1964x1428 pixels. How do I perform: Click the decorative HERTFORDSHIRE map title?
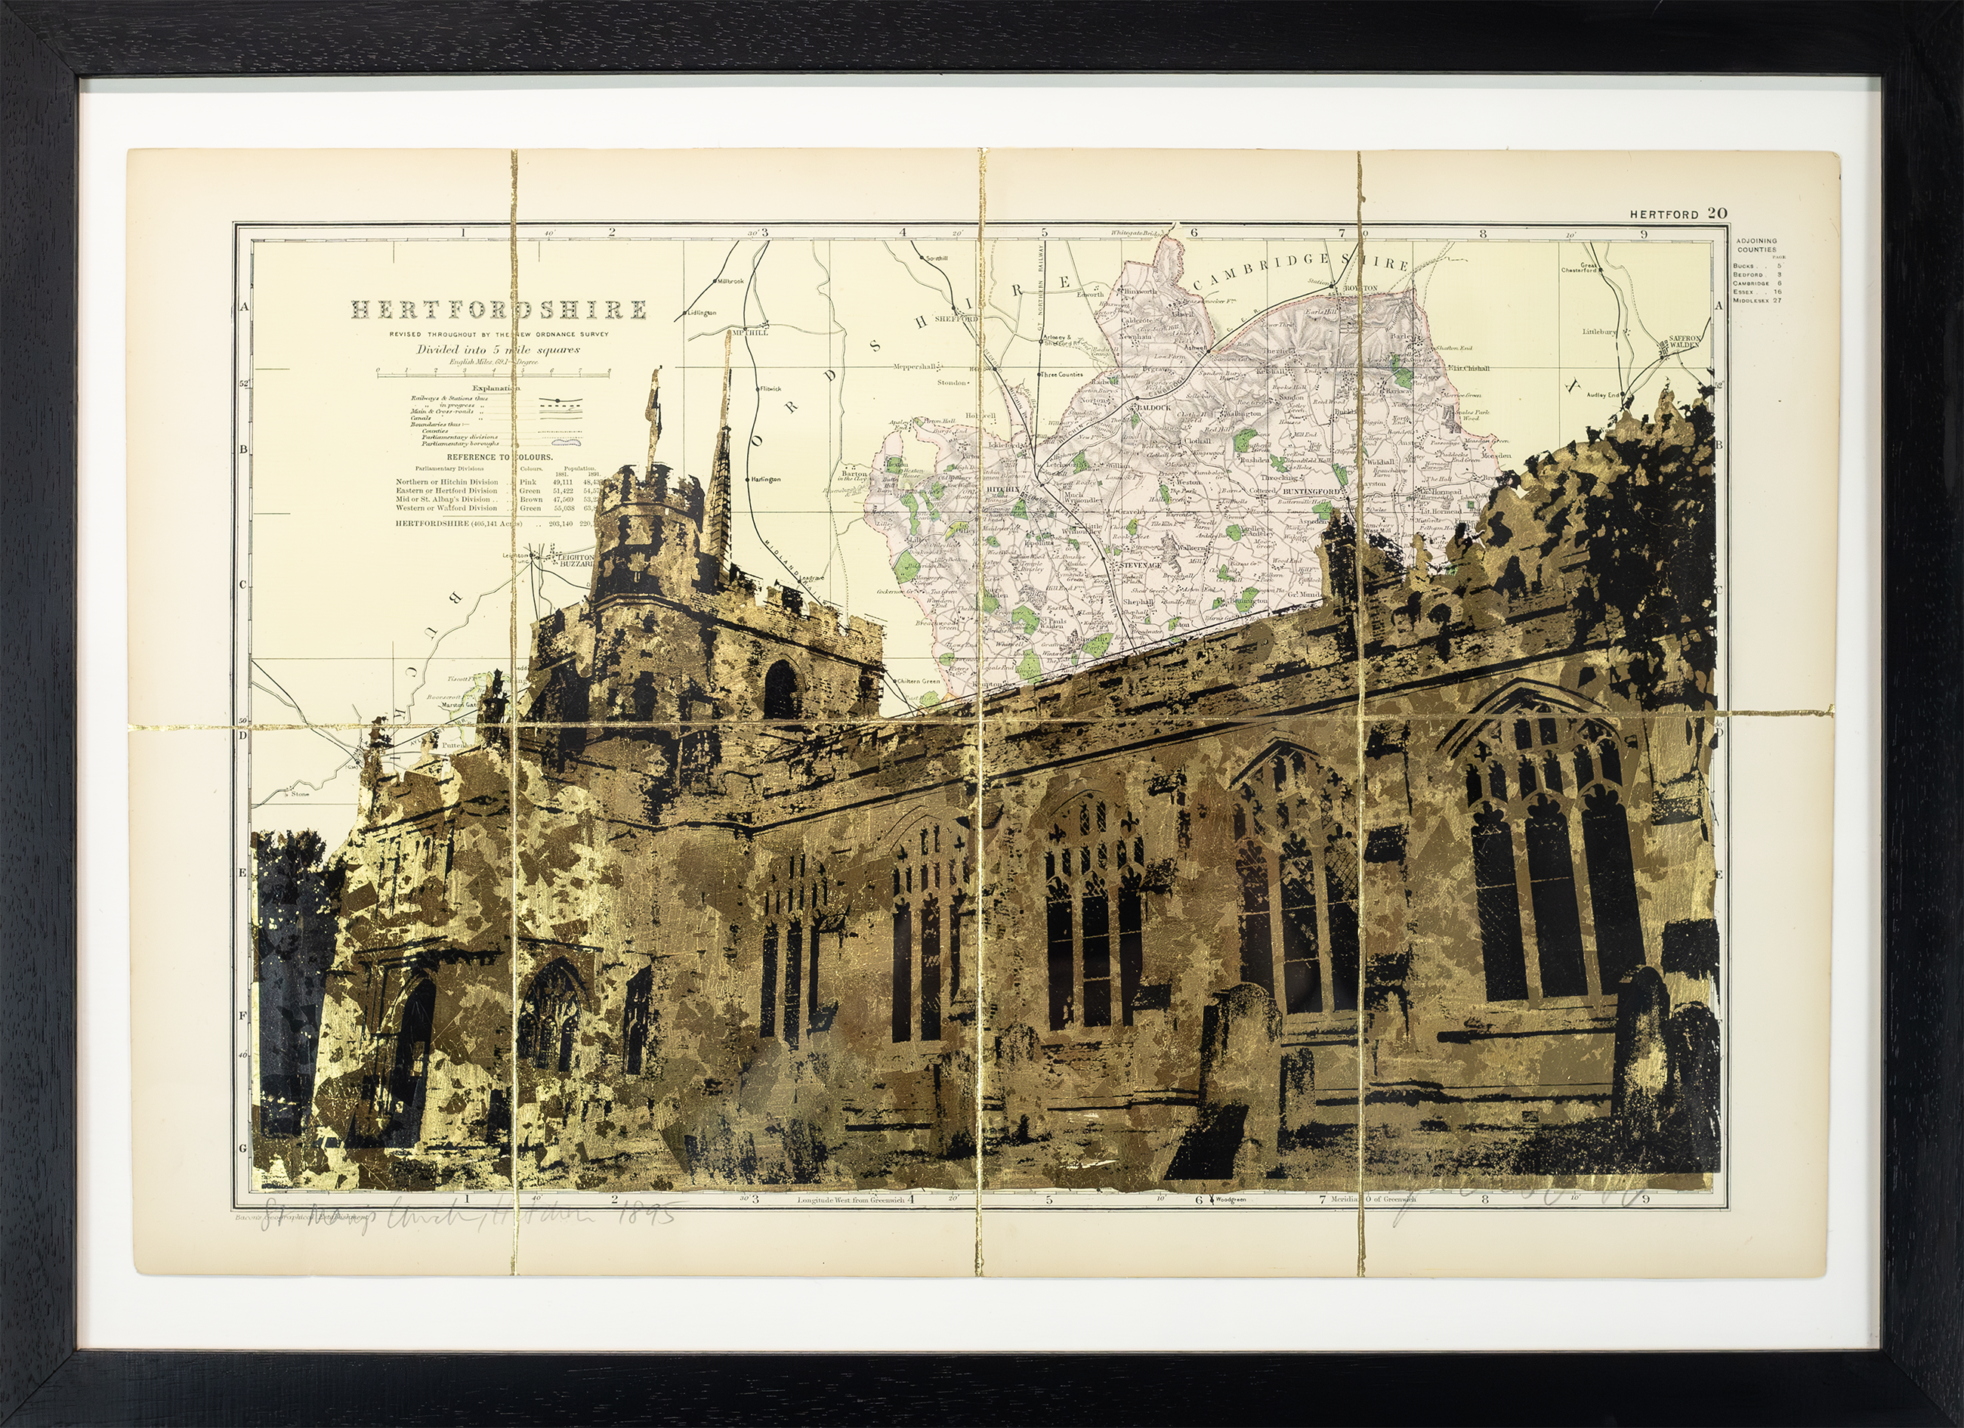pos(498,309)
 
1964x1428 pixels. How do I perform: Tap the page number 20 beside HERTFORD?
pos(1693,214)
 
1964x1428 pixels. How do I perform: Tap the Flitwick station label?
pos(770,390)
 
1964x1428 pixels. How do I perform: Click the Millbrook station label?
pos(729,281)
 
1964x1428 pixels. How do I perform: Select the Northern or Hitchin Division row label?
pos(447,481)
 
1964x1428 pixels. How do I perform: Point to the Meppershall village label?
pos(922,366)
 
